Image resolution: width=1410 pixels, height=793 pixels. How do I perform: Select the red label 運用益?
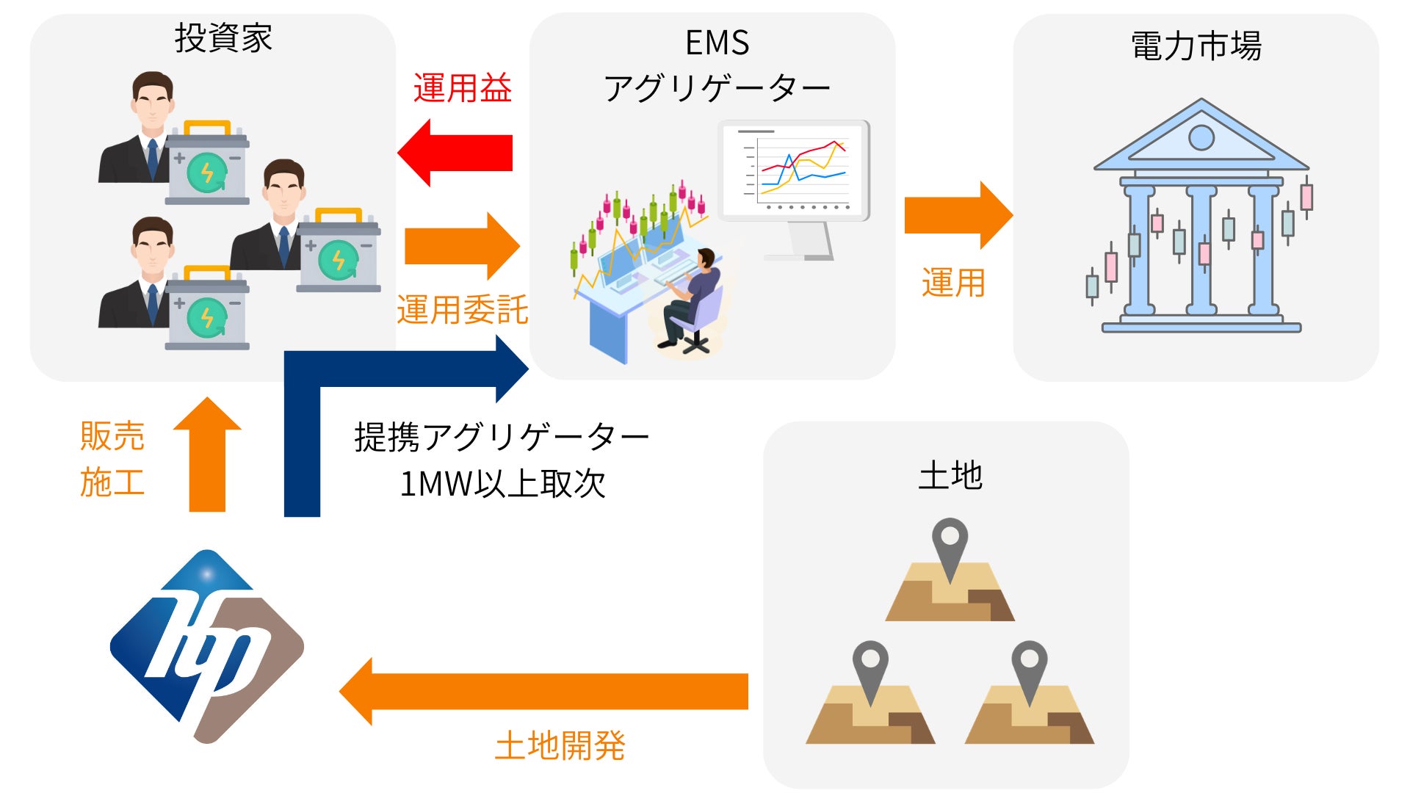(462, 89)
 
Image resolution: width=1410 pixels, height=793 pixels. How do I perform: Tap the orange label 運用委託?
(462, 310)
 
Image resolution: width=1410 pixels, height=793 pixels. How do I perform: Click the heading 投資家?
(223, 38)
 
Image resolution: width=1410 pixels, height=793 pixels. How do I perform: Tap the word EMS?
(717, 43)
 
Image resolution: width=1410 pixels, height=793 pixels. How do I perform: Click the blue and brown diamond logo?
(207, 646)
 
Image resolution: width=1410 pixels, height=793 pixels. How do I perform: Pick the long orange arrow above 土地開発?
(543, 691)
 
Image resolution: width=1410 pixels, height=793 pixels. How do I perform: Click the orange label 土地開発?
(560, 746)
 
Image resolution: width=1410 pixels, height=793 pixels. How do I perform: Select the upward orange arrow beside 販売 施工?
(207, 455)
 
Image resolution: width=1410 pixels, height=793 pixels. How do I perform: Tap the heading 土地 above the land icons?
(950, 476)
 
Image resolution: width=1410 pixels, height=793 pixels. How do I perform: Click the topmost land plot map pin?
(950, 543)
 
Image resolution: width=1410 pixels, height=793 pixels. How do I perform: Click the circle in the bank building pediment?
(1201, 137)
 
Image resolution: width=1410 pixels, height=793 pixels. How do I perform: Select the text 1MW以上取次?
(502, 484)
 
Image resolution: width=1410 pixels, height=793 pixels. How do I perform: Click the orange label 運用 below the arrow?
(953, 283)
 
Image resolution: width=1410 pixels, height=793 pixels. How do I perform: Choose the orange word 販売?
(112, 435)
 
